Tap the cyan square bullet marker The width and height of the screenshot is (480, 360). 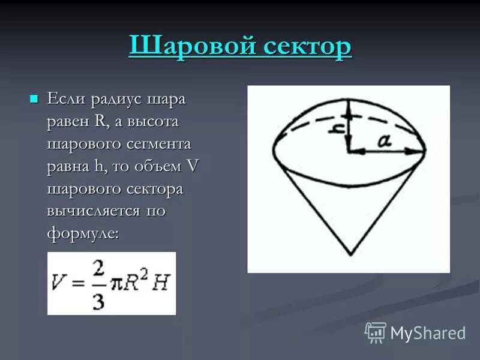coord(34,98)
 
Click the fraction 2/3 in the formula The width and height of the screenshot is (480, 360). coord(98,284)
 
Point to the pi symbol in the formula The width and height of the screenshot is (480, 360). coord(117,284)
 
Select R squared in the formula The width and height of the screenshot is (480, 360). coord(135,283)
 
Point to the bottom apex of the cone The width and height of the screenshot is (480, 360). coord(349,254)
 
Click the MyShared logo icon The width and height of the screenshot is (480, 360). coord(375,332)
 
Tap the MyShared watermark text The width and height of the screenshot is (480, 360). coord(428,333)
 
